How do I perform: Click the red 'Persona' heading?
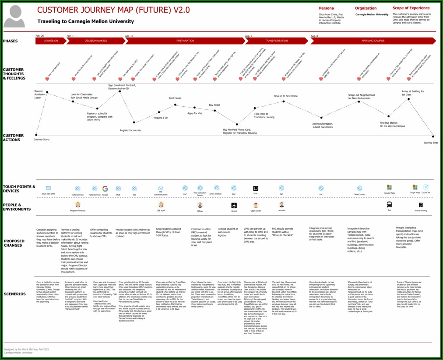(326, 8)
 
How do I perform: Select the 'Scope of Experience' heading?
(411, 8)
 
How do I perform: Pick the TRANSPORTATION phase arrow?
(276, 41)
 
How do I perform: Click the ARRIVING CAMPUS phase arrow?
(373, 41)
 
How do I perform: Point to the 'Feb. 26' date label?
(40, 35)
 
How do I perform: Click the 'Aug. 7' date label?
(249, 35)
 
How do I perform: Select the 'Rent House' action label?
(175, 98)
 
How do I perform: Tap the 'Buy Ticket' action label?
(214, 105)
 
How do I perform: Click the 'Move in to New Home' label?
(285, 96)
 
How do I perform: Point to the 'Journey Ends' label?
(431, 143)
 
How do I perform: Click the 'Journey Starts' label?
(42, 139)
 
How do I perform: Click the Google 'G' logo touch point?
(105, 189)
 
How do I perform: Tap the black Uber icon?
(256, 188)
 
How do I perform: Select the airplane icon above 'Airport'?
(234, 205)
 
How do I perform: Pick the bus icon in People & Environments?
(389, 204)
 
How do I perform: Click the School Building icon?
(421, 205)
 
